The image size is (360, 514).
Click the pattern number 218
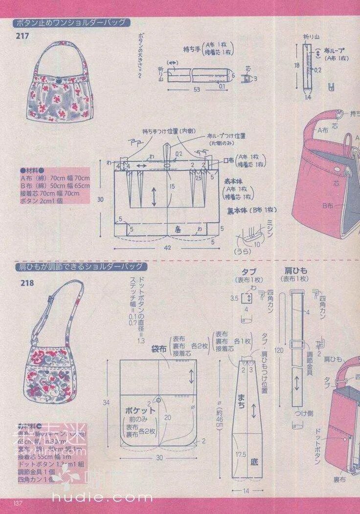pyautogui.click(x=27, y=283)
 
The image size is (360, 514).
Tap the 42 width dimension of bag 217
pyautogui.click(x=168, y=248)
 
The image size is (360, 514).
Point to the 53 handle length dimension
pyautogui.click(x=197, y=89)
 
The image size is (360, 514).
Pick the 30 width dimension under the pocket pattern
pyautogui.click(x=159, y=458)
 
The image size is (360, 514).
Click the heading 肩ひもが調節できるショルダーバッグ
pyautogui.click(x=80, y=267)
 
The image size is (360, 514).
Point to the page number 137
pyautogui.click(x=19, y=503)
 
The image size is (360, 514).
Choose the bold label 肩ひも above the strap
pyautogui.click(x=294, y=270)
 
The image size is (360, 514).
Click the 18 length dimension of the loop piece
pyautogui.click(x=296, y=64)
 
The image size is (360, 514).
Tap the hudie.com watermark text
pyautogui.click(x=102, y=498)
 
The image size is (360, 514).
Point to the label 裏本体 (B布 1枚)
pyautogui.click(x=252, y=210)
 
